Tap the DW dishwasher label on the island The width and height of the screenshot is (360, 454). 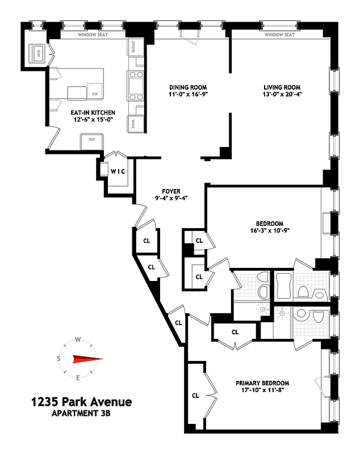click(x=95, y=94)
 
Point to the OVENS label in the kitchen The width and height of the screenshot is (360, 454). click(x=132, y=47)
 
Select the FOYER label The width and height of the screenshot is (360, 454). click(x=170, y=191)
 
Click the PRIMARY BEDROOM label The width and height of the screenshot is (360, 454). click(x=262, y=382)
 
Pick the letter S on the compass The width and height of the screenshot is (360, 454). click(x=58, y=359)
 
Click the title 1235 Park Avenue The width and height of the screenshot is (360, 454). click(x=81, y=402)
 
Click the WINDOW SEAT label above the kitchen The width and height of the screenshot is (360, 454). click(x=94, y=35)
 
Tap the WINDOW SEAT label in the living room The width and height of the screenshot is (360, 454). click(x=280, y=35)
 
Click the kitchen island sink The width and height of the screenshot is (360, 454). click(x=76, y=93)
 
